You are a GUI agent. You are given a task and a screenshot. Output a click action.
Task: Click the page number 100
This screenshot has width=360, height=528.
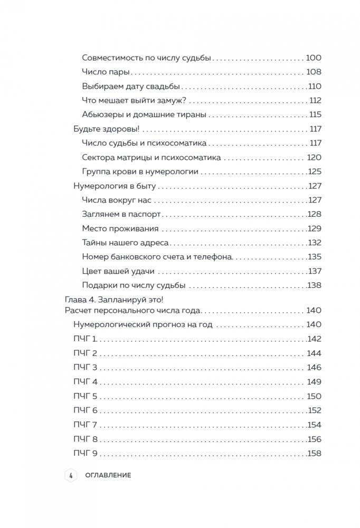tap(314, 57)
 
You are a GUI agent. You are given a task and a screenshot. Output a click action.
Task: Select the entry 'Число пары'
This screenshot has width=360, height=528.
tap(107, 72)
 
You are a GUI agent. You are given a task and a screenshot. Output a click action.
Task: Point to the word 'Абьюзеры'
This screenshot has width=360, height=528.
tap(103, 114)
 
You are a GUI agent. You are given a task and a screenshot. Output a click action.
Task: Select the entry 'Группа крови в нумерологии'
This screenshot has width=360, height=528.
tap(140, 171)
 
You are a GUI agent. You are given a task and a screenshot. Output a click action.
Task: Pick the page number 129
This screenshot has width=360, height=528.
tap(315, 228)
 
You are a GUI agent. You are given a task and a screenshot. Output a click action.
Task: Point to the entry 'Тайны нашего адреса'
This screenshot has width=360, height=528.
tap(125, 243)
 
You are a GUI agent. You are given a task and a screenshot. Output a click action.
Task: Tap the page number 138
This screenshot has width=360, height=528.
tap(315, 285)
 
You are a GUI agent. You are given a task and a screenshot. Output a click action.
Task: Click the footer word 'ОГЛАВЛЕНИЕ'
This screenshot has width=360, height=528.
tap(108, 475)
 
